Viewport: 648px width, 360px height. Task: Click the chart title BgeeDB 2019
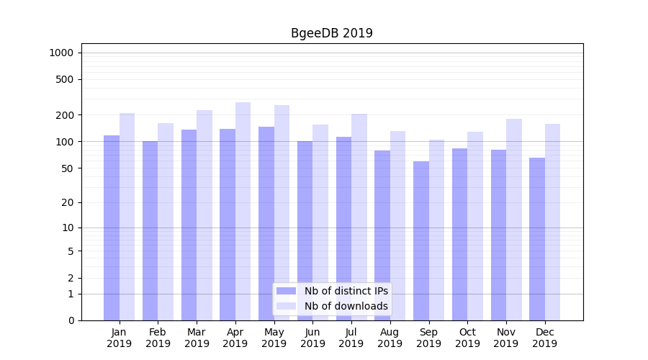(x=331, y=33)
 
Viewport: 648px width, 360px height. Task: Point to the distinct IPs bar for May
(x=266, y=223)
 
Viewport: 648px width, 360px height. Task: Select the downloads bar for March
(x=204, y=215)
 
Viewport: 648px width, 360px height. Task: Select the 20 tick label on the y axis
(x=68, y=202)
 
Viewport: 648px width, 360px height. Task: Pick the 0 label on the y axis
(x=71, y=320)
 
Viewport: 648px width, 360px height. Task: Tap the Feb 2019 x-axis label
(x=158, y=338)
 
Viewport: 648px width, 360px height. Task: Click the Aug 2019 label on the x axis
(x=390, y=338)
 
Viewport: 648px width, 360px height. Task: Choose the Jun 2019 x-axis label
(x=312, y=338)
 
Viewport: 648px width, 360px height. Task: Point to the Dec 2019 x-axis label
(x=545, y=338)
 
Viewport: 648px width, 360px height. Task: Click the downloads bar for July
(x=359, y=217)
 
